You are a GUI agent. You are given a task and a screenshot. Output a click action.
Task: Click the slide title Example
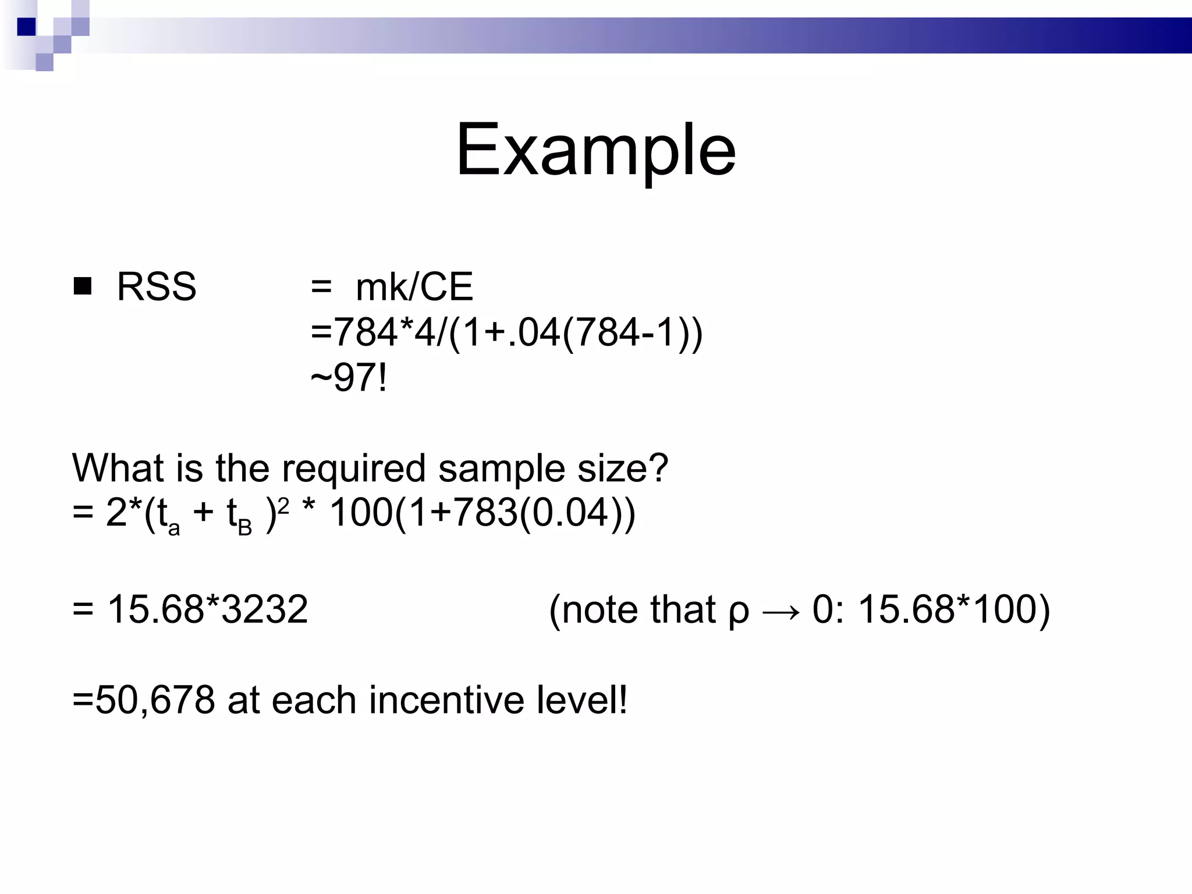tap(595, 150)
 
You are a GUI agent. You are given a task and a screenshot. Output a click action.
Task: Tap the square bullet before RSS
tap(83, 286)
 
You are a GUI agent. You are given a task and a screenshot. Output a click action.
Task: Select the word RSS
tap(157, 286)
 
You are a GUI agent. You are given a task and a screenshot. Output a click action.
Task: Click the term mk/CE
tap(414, 286)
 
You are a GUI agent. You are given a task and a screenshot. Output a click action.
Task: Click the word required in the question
tap(353, 469)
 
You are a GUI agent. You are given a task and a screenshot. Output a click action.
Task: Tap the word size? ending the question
tap(622, 469)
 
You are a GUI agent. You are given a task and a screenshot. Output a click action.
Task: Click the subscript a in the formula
tap(173, 528)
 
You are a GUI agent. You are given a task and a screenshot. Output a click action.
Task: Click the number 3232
tap(265, 609)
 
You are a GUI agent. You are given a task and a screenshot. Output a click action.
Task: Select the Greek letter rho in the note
tap(739, 611)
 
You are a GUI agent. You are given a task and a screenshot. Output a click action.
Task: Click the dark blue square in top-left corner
tap(26, 27)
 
